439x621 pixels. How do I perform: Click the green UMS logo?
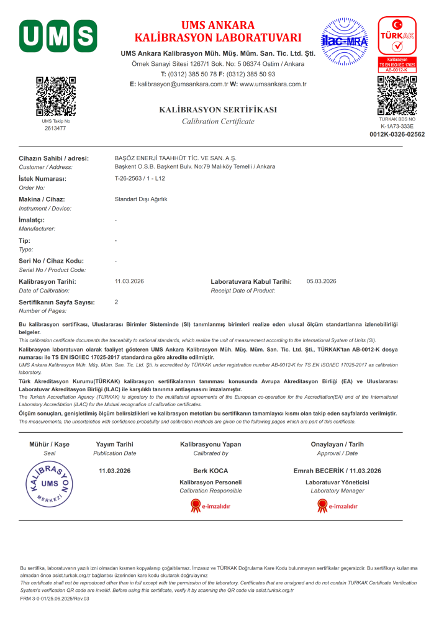(x=58, y=35)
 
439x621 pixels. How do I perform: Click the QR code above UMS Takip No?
(x=56, y=96)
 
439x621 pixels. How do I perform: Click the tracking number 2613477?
(x=55, y=128)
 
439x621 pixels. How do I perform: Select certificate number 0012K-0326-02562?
(x=397, y=134)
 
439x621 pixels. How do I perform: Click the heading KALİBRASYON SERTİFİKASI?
(x=218, y=109)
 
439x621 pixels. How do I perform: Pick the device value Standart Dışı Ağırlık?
(x=141, y=199)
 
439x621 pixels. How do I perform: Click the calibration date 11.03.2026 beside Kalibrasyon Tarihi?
(x=129, y=281)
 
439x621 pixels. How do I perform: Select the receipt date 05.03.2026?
(x=322, y=281)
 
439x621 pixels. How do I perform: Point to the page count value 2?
(x=117, y=302)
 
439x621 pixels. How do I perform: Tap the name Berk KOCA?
(x=210, y=471)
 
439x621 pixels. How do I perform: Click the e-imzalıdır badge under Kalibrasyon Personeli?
(x=210, y=506)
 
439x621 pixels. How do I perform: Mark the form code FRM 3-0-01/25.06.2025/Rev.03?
(x=55, y=599)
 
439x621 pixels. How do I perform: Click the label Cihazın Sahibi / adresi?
(x=53, y=158)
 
